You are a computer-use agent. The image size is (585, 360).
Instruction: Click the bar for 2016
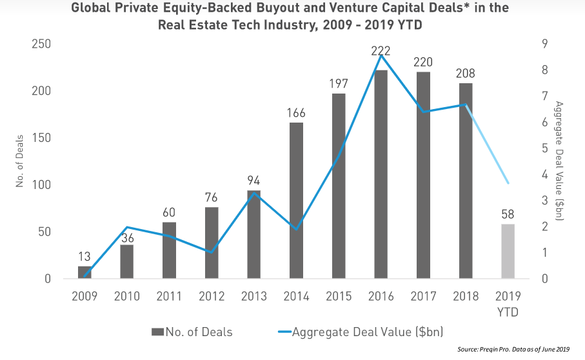381,174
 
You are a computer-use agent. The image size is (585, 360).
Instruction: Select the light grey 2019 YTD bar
508,252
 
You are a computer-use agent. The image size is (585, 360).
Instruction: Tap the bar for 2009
85,272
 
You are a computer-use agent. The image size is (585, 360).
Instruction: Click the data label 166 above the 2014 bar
297,114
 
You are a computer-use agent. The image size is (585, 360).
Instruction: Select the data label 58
508,215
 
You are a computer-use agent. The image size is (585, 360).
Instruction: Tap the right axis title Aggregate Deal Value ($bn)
559,161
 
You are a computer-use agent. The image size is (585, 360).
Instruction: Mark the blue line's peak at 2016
381,55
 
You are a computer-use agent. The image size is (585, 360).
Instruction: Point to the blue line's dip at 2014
297,229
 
